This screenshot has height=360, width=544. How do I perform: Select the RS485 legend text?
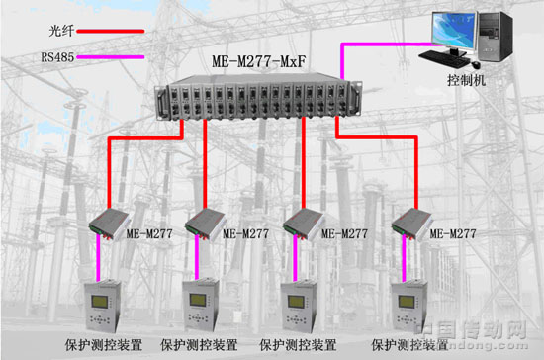pyautogui.click(x=57, y=58)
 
